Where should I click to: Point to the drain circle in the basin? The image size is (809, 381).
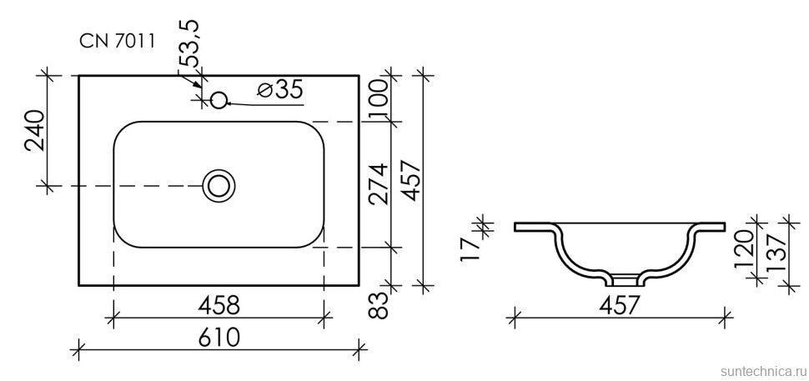coord(219,185)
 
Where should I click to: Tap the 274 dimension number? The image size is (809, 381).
coord(379,184)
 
